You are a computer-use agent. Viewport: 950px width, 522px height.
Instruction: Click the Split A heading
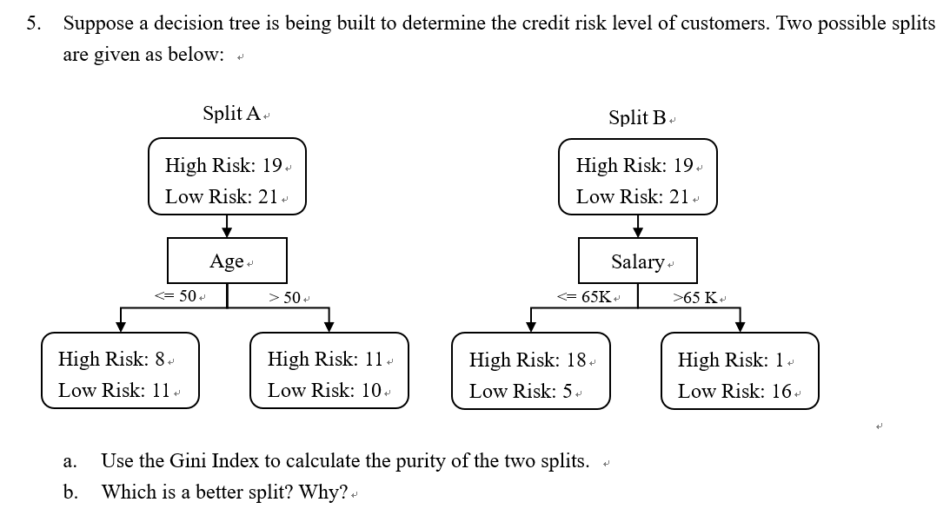coord(231,113)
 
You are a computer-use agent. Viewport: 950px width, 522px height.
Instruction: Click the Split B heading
coord(637,117)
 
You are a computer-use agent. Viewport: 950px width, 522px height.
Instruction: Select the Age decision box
coord(227,261)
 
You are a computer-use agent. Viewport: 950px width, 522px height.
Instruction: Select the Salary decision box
coord(637,261)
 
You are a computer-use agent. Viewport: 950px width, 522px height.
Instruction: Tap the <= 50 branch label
coord(175,295)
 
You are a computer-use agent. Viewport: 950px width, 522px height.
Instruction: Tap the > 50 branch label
coord(285,297)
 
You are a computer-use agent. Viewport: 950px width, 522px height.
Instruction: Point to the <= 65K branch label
coord(584,297)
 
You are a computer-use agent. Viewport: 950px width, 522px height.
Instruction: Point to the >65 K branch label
coord(695,297)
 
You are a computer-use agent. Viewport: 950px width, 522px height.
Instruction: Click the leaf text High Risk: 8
coord(111,359)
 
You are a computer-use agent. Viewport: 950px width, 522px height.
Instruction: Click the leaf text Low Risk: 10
coord(325,390)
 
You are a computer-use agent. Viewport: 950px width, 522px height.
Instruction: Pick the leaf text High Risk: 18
coord(528,360)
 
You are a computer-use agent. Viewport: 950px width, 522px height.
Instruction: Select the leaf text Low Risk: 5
coord(521,391)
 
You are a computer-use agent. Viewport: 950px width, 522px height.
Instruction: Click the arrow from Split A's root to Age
coord(227,226)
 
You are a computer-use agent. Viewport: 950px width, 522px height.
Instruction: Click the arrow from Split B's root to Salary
coord(637,226)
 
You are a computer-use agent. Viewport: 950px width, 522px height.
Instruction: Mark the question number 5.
coord(34,23)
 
